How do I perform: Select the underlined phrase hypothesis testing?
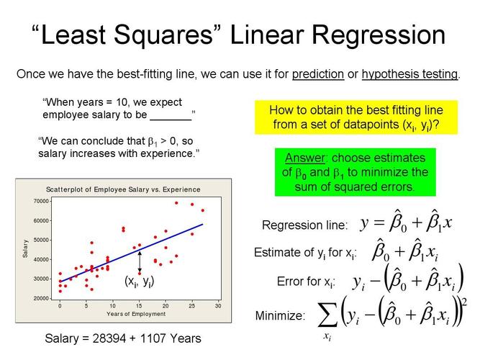pos(409,74)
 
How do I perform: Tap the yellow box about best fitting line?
pos(356,117)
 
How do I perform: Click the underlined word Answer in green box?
pos(304,158)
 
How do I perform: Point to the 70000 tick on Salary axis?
pos(42,201)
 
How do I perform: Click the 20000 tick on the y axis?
pos(42,297)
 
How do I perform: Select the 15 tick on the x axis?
pos(138,306)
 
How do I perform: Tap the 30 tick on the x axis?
pos(218,306)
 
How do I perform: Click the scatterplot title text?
pos(123,189)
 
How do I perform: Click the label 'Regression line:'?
pos(304,225)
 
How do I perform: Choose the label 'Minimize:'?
pos(280,316)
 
